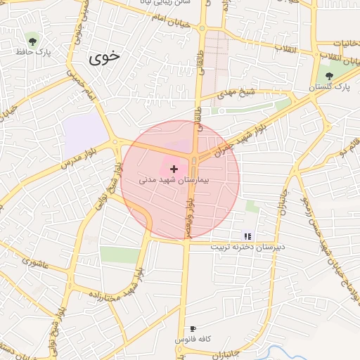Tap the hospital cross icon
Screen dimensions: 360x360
(174, 169)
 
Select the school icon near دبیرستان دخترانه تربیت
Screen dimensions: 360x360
(247, 236)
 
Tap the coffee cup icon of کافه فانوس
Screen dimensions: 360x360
(193, 328)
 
